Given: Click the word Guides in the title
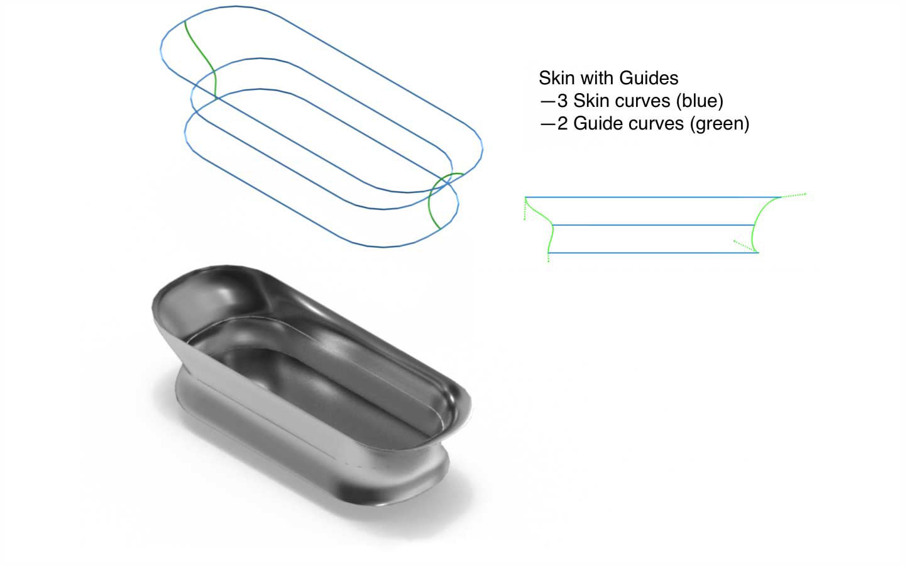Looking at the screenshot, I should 649,78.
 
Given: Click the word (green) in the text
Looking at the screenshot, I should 720,123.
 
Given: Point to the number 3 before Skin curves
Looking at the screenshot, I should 563,101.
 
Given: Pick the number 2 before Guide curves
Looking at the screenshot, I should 563,123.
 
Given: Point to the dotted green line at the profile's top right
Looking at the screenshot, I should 793,196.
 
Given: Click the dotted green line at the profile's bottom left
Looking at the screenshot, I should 549,257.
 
